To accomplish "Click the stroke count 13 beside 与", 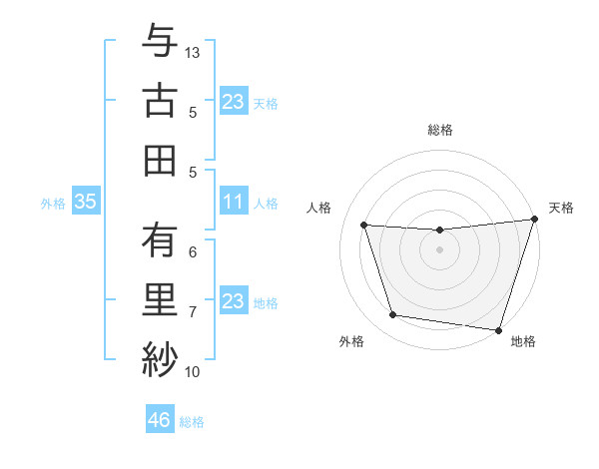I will point(193,52).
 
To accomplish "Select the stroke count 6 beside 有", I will point(193,251).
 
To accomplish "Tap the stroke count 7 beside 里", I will point(193,312).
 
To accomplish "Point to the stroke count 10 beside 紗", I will point(193,372).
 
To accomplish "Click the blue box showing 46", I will point(159,420).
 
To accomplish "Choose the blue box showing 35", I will point(85,203).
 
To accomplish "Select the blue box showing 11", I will point(233,203).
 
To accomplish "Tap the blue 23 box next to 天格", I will point(233,102).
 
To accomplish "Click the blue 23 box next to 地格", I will point(233,301).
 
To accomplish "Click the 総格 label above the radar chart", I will point(440,130).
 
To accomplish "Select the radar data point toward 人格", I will point(364,226).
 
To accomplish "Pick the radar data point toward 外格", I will point(392,315).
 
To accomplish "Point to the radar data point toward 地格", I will point(498,329).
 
